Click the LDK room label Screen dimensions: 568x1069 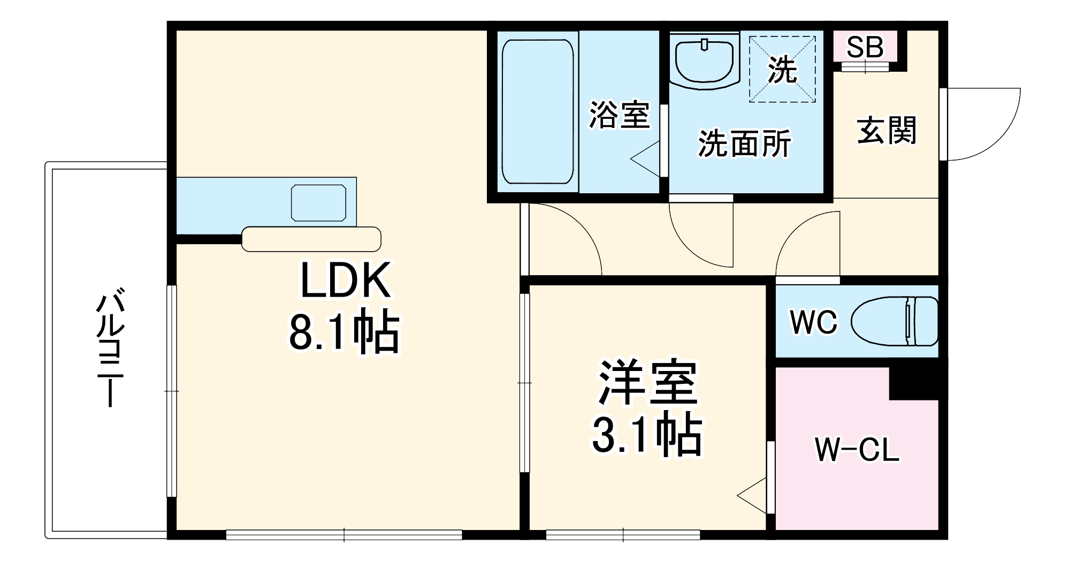click(x=345, y=281)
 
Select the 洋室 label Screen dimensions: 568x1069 click(x=647, y=383)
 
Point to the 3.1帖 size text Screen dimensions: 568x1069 click(x=646, y=434)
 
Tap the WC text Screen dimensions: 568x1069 click(x=813, y=322)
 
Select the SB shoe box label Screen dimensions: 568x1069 click(x=865, y=47)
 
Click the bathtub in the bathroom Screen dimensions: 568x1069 click(x=538, y=111)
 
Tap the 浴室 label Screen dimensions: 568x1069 click(x=620, y=115)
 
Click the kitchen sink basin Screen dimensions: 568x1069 click(x=318, y=203)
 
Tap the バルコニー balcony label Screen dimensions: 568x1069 click(x=110, y=348)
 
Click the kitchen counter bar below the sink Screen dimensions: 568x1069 click(x=311, y=239)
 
